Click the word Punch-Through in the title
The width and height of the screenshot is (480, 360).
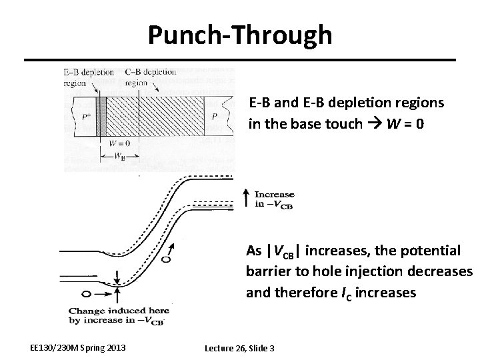(x=239, y=34)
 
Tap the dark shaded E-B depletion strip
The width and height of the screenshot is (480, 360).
(x=102, y=117)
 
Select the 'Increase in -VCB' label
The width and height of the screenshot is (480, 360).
(x=273, y=199)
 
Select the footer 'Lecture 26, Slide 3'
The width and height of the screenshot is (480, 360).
(x=239, y=348)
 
